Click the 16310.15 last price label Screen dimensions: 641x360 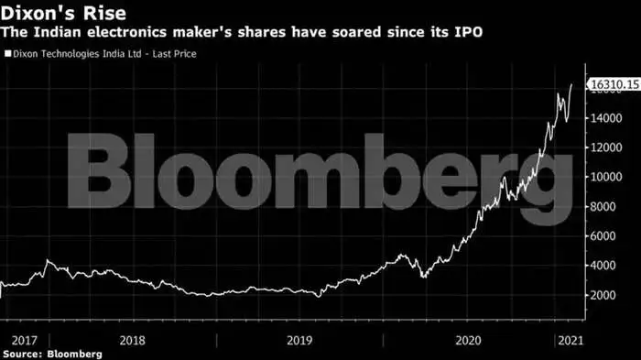(614, 84)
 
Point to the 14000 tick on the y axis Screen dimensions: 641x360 (606, 118)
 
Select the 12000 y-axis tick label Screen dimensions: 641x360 (606, 147)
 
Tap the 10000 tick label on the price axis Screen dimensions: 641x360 (606, 177)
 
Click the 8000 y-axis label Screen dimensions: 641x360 (603, 207)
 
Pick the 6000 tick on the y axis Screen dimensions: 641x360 (603, 236)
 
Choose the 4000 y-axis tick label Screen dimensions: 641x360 (603, 266)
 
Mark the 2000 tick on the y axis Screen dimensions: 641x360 (603, 295)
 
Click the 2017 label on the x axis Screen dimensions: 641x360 (24, 341)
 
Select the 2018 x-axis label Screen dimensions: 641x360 (132, 341)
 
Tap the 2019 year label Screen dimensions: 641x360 (299, 341)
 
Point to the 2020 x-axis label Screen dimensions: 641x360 (469, 341)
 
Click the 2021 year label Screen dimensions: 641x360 (570, 341)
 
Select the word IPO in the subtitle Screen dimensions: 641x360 (469, 32)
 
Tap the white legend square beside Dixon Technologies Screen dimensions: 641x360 (7, 54)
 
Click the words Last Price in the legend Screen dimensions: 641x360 (174, 54)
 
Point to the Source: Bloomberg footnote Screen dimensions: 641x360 (52, 354)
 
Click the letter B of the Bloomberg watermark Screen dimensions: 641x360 (99, 170)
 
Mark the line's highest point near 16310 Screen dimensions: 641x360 (571, 84)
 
